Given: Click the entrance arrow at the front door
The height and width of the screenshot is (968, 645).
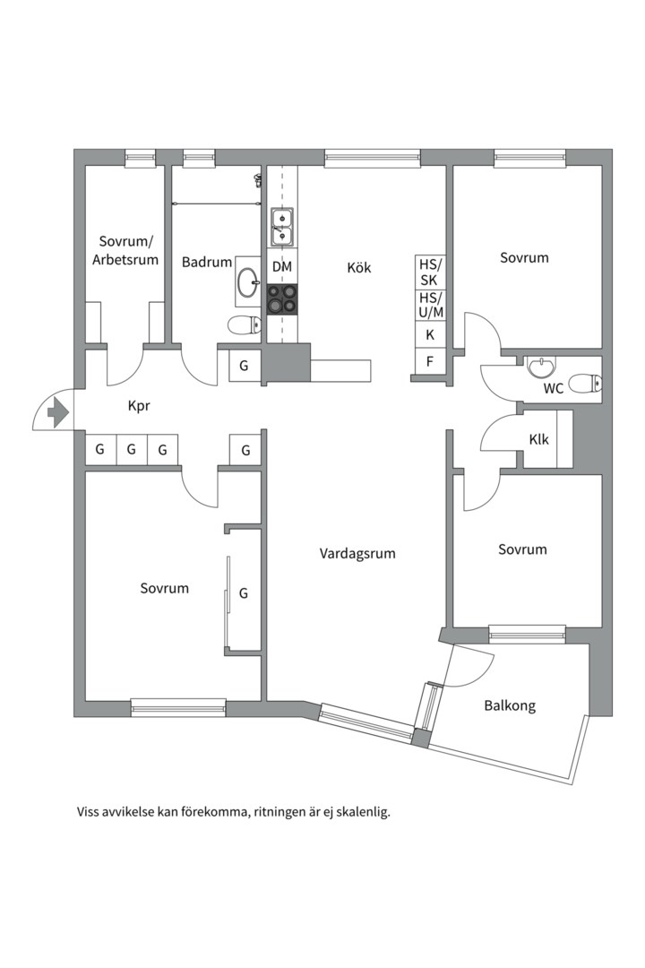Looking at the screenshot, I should [56, 412].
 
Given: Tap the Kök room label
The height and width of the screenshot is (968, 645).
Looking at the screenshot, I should [359, 267].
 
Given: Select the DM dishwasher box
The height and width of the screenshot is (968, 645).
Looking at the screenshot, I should [282, 267].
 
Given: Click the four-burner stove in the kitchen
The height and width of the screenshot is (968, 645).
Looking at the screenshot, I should [282, 299].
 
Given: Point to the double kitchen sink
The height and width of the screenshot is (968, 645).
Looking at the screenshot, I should [282, 226].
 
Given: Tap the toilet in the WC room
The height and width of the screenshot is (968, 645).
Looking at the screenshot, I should [584, 384].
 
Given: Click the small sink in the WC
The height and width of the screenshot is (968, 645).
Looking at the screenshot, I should [541, 367].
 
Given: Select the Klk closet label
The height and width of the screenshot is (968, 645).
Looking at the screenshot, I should [538, 440].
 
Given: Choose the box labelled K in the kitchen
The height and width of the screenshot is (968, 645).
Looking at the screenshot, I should [430, 335].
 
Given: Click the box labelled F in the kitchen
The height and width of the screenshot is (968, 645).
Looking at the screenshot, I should [430, 362].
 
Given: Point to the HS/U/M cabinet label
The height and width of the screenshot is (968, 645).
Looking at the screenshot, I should [431, 305].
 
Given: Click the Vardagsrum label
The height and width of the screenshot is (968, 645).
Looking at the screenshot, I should [357, 554].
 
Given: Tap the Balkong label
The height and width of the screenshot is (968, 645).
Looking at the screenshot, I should [510, 705].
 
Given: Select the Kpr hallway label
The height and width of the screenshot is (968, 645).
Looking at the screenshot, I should [139, 406].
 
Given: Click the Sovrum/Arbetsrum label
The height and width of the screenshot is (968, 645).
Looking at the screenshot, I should [128, 251].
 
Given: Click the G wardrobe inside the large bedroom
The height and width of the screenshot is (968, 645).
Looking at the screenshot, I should [243, 593].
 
